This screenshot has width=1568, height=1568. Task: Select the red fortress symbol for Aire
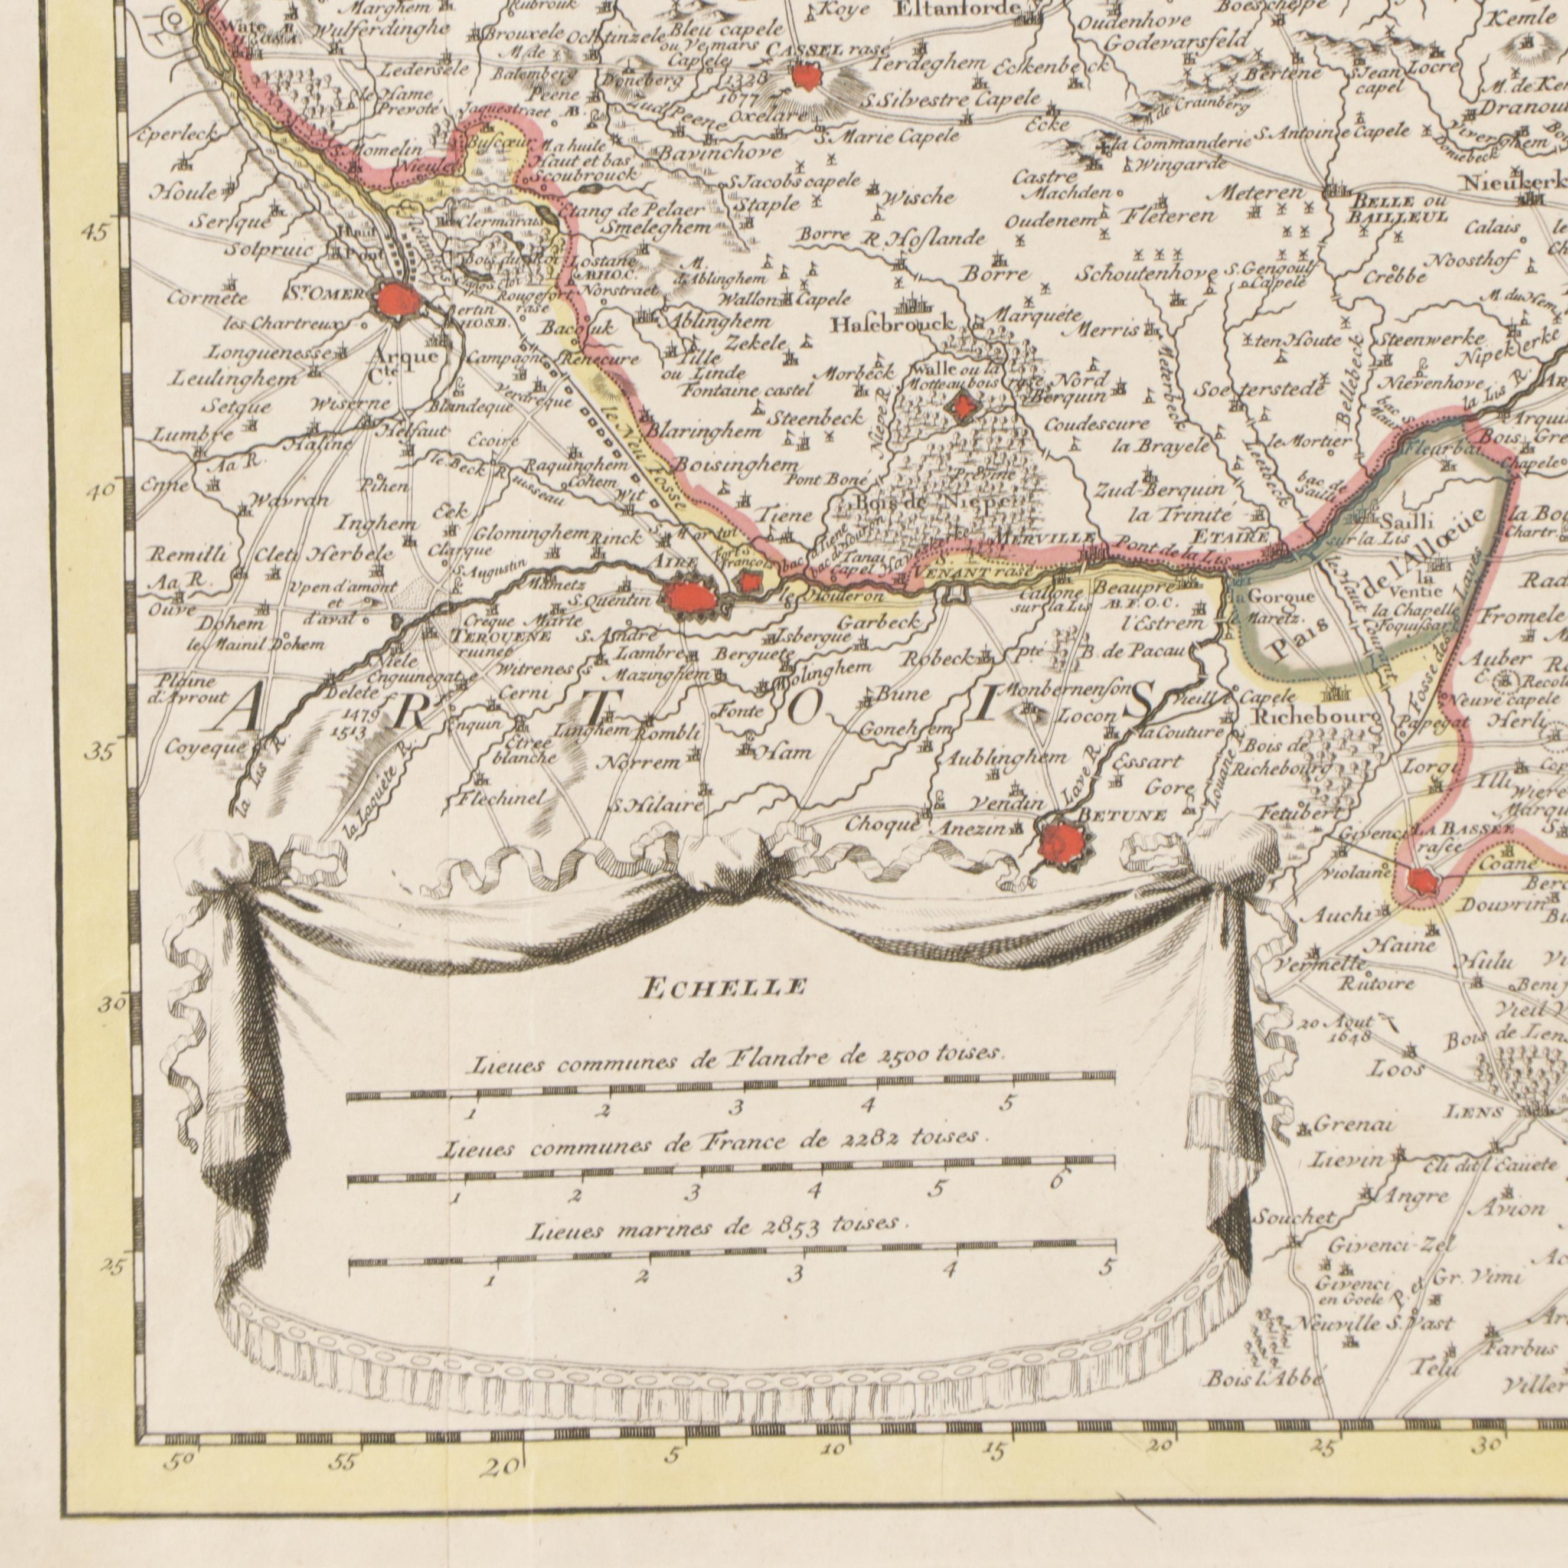(690, 598)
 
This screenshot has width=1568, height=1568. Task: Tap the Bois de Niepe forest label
(934, 503)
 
